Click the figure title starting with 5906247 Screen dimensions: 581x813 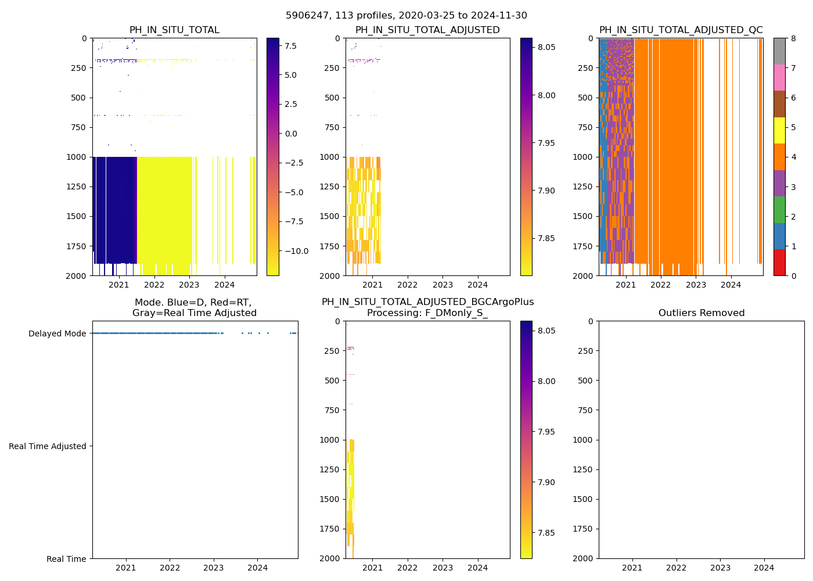click(406, 16)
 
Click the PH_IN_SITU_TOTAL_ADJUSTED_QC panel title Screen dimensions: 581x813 click(681, 30)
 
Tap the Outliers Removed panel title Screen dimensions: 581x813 click(702, 313)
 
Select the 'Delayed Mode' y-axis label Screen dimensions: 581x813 click(57, 333)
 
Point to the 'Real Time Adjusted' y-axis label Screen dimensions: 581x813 click(48, 446)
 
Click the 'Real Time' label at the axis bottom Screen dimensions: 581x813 click(66, 559)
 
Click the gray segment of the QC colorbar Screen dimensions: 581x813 click(779, 51)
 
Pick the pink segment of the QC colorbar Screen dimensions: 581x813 click(779, 77)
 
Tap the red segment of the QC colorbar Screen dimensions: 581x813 click(779, 263)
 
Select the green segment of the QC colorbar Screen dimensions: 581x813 click(779, 209)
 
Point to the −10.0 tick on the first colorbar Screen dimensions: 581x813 click(297, 251)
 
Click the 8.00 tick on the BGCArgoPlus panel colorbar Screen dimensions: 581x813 click(544, 381)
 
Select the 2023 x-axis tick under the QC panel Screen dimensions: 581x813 click(696, 285)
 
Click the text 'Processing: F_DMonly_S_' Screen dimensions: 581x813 click(427, 313)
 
